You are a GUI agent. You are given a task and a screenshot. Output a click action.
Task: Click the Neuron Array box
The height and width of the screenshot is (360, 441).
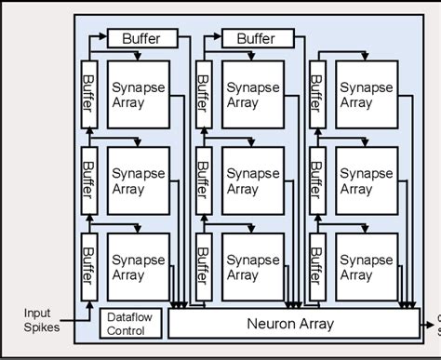(x=298, y=325)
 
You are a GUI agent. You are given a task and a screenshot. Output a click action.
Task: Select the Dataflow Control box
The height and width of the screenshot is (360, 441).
(x=130, y=323)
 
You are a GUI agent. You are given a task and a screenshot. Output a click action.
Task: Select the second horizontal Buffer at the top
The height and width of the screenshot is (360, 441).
(x=255, y=38)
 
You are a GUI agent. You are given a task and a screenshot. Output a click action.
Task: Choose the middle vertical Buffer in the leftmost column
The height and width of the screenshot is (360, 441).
(x=89, y=175)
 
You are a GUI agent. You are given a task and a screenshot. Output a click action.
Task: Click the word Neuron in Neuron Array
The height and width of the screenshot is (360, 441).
(x=274, y=325)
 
